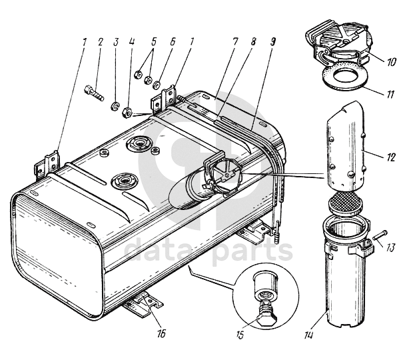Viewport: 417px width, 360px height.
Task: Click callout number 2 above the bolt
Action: [101, 42]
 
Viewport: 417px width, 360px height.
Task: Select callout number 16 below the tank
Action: [161, 333]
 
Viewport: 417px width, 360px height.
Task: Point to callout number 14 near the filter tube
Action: [308, 335]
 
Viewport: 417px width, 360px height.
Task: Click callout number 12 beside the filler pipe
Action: [390, 157]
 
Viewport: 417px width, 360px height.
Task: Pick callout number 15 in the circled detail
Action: [240, 333]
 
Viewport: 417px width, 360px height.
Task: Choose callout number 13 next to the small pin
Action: [390, 248]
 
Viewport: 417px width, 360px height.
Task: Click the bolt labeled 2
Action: [94, 93]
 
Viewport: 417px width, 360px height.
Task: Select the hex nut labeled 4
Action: [127, 113]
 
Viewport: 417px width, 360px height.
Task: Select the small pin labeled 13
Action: [380, 235]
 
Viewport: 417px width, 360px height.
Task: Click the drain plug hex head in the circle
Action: [267, 320]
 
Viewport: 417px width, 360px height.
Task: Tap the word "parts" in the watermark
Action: [252, 252]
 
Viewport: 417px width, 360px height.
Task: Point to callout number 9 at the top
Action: [273, 42]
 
